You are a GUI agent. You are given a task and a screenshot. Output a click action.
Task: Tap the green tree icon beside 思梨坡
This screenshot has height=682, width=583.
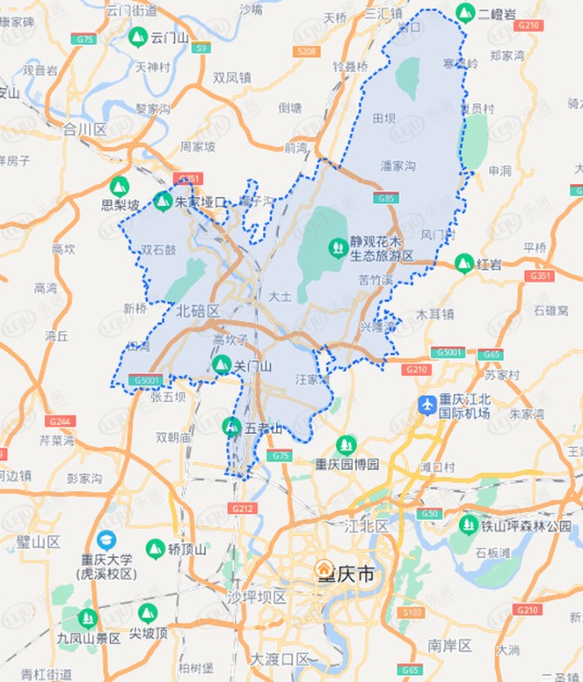pyautogui.click(x=119, y=186)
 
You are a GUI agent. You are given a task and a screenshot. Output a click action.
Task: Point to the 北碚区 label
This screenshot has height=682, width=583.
pyautogui.click(x=199, y=310)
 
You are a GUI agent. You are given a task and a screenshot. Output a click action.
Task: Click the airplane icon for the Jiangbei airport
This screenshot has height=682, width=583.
pyautogui.click(x=426, y=404)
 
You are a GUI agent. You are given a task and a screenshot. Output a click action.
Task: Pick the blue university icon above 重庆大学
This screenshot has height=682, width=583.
pyautogui.click(x=107, y=540)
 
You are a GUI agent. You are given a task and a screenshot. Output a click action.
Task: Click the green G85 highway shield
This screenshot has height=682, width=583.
pyautogui.click(x=385, y=197)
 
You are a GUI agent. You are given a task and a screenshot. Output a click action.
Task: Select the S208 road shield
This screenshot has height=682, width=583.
pyautogui.click(x=307, y=51)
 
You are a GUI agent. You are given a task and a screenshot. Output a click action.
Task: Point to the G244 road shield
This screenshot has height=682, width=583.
pyautogui.click(x=61, y=421)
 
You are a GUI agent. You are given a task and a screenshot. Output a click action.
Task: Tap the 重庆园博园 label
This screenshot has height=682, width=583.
pyautogui.click(x=346, y=464)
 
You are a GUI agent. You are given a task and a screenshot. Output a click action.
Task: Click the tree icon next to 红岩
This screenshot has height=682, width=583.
pyautogui.click(x=464, y=264)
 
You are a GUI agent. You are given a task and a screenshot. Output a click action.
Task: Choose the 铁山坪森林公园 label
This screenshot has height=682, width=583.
pyautogui.click(x=527, y=525)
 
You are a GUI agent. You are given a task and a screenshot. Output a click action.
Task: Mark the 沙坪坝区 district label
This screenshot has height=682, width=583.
pyautogui.click(x=257, y=597)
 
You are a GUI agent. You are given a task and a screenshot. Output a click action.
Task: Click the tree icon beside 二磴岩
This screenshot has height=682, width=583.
pyautogui.click(x=465, y=13)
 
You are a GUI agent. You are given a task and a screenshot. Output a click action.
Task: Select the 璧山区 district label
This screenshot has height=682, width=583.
pyautogui.click(x=38, y=542)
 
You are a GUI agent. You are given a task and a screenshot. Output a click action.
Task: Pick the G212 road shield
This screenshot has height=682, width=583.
pyautogui.click(x=242, y=508)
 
